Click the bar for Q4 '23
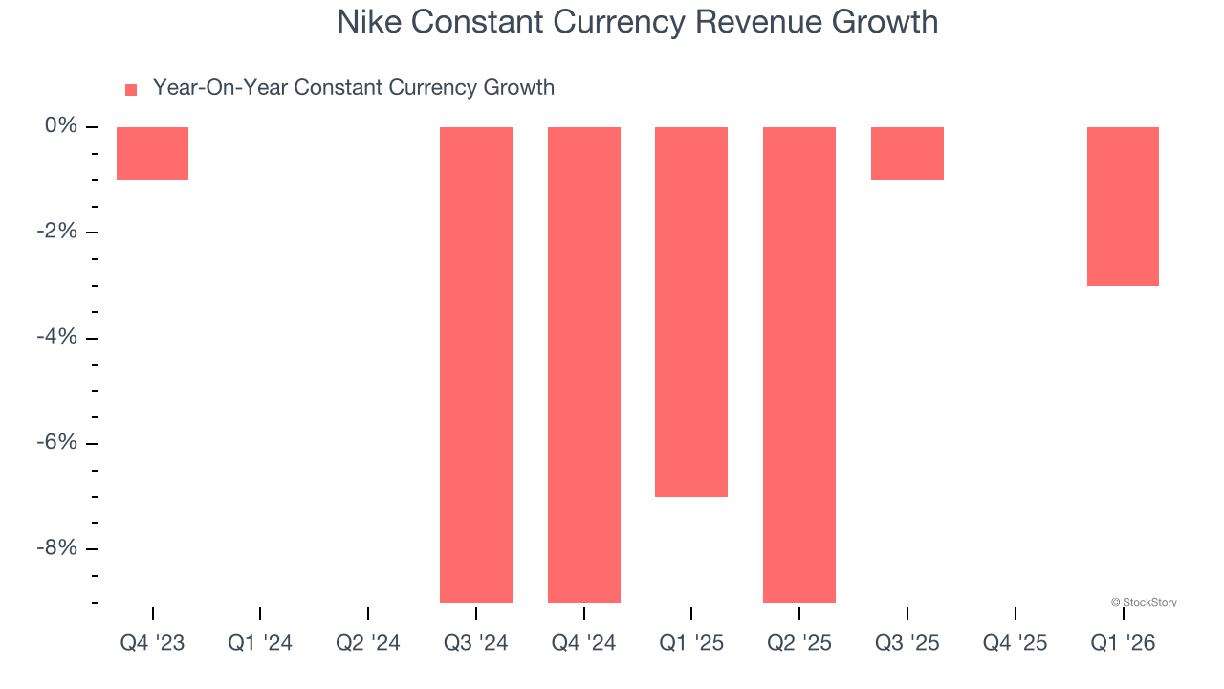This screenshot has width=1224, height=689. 152,153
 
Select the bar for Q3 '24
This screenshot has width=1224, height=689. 475,364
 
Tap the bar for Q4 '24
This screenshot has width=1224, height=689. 583,364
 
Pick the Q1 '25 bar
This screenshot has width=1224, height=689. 690,311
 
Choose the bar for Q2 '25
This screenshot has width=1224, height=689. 798,364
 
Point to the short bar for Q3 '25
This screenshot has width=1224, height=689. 907,153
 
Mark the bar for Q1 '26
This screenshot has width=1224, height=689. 1123,206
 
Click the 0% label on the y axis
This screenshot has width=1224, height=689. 60,126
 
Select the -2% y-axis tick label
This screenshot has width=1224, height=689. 56,232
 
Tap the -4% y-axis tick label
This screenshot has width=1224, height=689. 56,337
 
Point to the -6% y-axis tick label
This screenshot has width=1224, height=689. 56,442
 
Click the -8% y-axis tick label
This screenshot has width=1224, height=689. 56,547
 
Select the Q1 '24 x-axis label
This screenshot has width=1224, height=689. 260,643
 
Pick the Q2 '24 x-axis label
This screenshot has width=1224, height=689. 368,643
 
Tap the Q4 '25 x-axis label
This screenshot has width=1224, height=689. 1015,643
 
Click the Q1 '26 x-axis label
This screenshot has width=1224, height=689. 1123,643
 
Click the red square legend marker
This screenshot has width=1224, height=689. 131,90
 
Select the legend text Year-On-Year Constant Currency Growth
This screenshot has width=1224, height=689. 353,88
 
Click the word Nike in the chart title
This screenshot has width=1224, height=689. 367,22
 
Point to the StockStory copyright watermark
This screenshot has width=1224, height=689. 1144,602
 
